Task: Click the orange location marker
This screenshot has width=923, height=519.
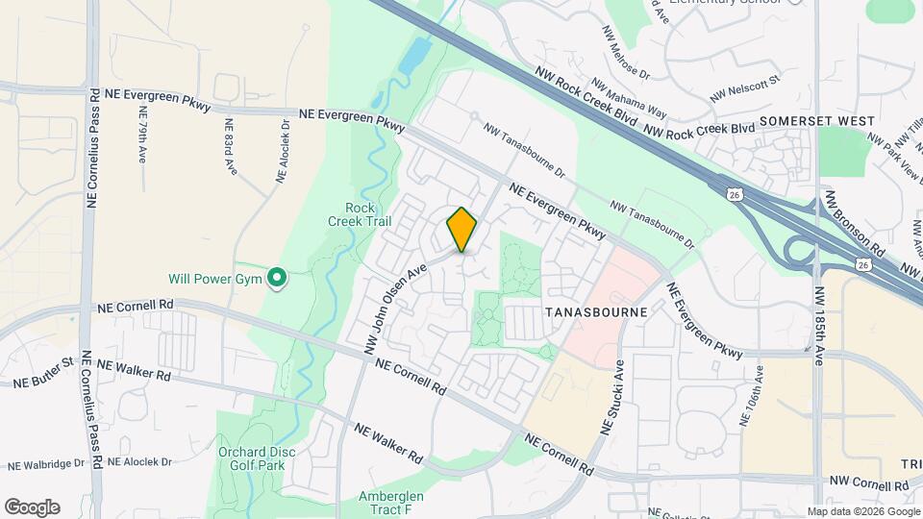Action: [x=461, y=229]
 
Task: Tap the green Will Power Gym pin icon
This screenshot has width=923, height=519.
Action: [x=277, y=279]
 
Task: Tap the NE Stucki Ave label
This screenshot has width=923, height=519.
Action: [x=612, y=396]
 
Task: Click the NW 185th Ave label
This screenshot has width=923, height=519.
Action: [x=819, y=326]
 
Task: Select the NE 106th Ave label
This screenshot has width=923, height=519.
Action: [x=752, y=394]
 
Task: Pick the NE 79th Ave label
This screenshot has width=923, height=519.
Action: [x=140, y=139]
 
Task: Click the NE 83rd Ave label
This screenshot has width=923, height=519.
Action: [x=230, y=145]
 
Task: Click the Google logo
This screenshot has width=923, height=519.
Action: [x=32, y=507]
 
